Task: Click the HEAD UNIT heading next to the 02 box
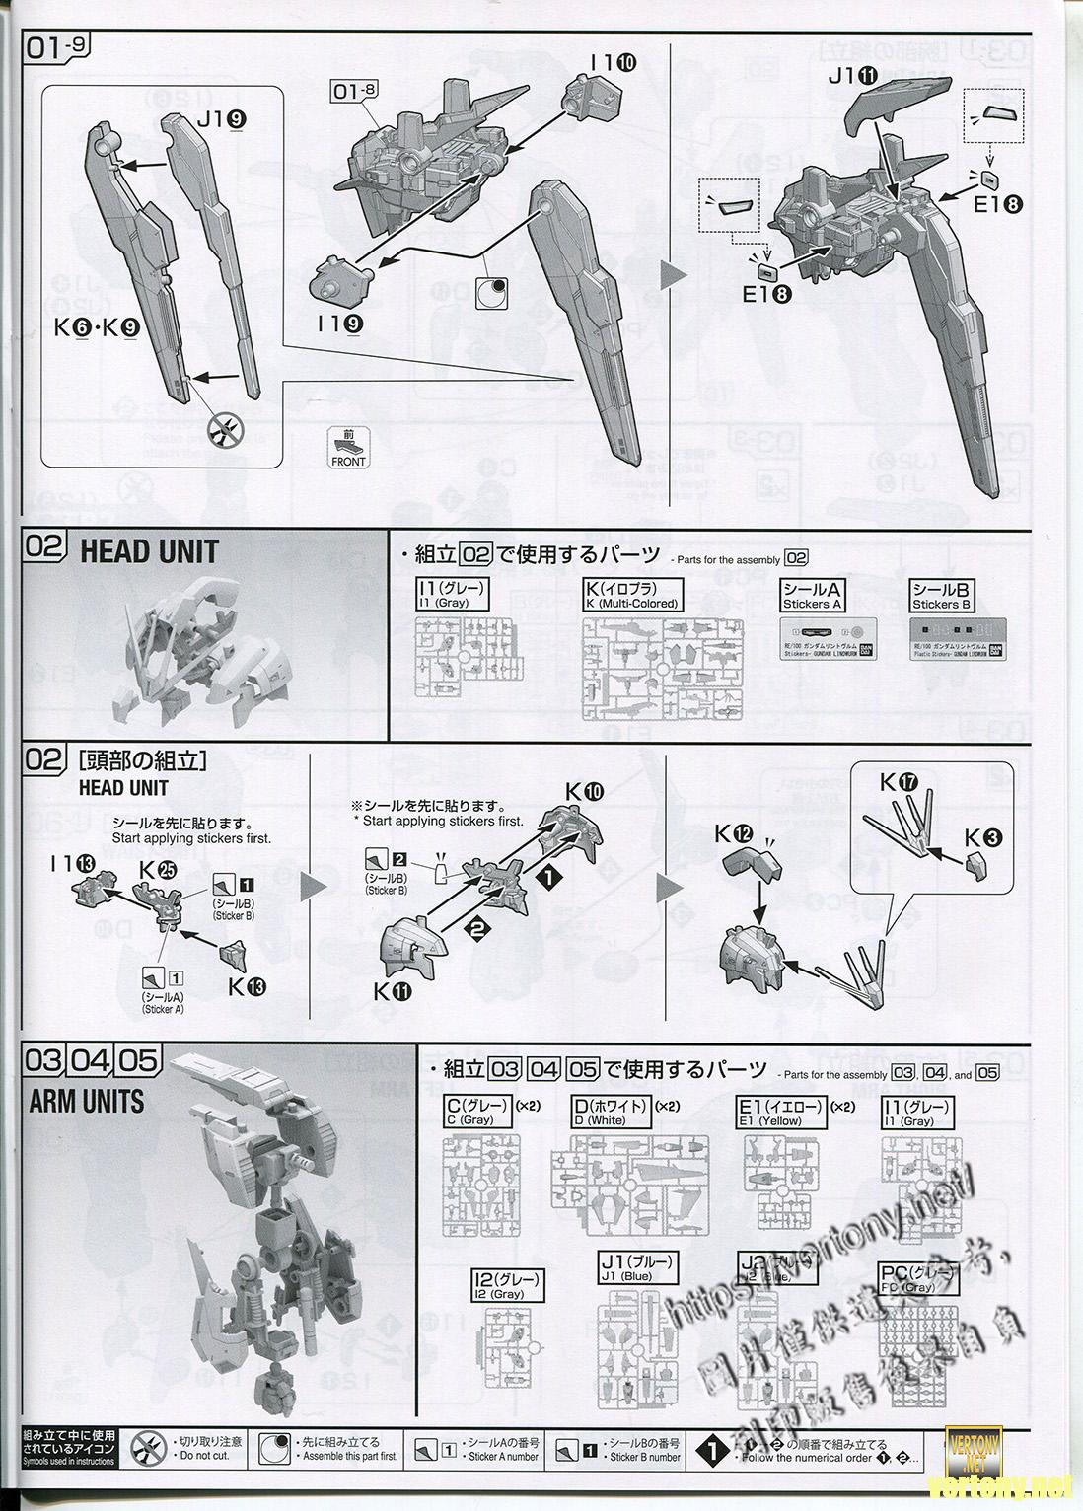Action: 149,551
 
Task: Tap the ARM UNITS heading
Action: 86,1101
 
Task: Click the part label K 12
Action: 735,834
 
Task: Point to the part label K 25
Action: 158,870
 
